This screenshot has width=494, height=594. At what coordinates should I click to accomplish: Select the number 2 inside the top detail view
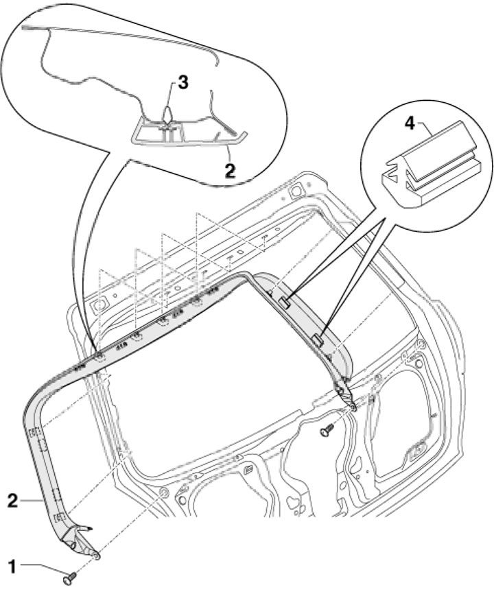229,169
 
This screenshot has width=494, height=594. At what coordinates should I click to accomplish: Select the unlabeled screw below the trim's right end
327,431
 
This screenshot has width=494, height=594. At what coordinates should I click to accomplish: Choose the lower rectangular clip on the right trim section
317,337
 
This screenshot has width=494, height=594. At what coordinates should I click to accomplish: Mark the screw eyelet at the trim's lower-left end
95,554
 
